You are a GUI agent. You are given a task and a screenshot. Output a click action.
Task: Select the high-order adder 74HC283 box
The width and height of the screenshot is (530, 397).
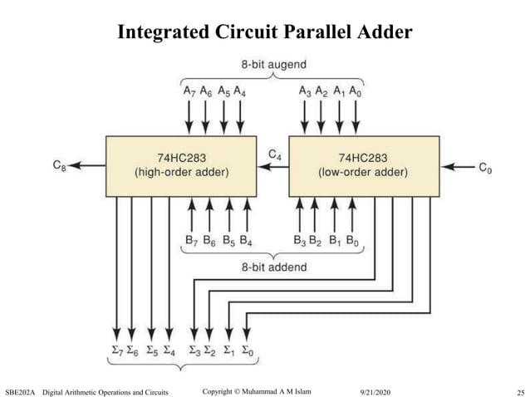click(x=180, y=165)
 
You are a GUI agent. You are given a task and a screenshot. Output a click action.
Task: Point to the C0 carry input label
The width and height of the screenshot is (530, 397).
click(x=484, y=167)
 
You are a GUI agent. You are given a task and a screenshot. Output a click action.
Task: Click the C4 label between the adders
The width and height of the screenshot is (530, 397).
click(x=275, y=154)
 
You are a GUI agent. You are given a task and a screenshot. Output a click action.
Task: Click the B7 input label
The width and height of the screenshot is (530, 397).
click(x=190, y=243)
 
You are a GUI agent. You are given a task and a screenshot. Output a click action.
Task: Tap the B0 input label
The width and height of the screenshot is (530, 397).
click(x=353, y=243)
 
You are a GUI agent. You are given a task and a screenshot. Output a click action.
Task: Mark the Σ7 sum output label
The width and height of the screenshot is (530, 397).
click(x=117, y=350)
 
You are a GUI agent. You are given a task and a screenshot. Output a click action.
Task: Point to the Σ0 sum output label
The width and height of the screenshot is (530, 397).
click(x=247, y=350)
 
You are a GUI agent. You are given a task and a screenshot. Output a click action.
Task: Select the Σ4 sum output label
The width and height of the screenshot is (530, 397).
click(x=169, y=350)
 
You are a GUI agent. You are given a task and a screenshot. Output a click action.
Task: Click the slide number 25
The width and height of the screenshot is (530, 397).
click(x=513, y=390)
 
